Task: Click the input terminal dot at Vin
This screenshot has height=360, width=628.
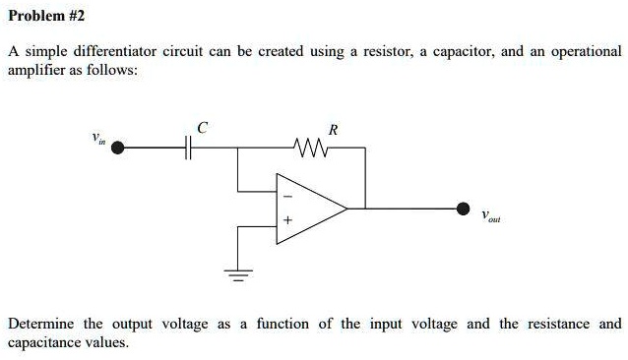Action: (x=118, y=149)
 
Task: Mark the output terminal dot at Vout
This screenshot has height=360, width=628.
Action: (x=464, y=209)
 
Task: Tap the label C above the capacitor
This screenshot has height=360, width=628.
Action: (x=201, y=128)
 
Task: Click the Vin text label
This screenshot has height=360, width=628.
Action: (x=96, y=138)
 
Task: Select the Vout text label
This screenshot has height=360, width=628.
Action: (x=493, y=218)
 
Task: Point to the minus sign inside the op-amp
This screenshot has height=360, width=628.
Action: (x=287, y=191)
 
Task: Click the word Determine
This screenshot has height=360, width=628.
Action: (x=41, y=324)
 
